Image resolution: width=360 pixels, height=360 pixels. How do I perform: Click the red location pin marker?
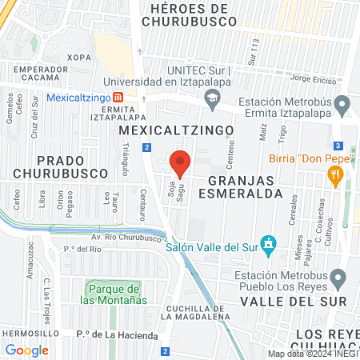pos(180,163)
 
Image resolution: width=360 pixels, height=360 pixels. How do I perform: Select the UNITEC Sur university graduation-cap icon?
pos(212,100)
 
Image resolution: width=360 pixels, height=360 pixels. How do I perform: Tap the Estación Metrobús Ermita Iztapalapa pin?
pos(342,104)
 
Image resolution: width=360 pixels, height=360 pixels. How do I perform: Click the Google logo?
pos(26,350)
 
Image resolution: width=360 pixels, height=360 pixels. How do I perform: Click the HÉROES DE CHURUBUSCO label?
pos(189,15)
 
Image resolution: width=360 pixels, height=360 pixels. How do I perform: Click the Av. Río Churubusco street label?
pos(127,237)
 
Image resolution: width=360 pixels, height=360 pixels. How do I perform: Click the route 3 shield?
pos(339,146)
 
